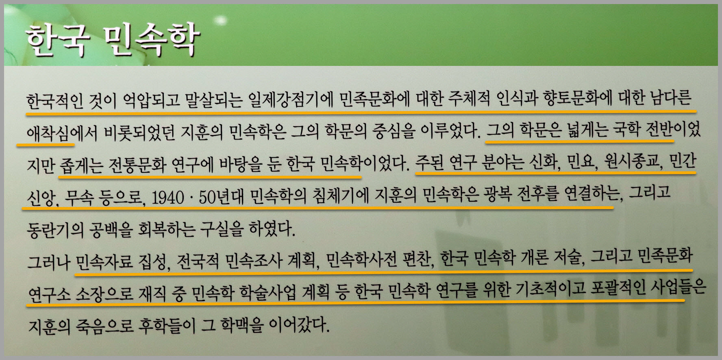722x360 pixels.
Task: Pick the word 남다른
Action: (671, 98)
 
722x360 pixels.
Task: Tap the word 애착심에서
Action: (62, 132)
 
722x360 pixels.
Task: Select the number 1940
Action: (167, 198)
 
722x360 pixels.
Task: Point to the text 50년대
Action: (221, 197)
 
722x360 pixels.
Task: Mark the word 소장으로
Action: (104, 292)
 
